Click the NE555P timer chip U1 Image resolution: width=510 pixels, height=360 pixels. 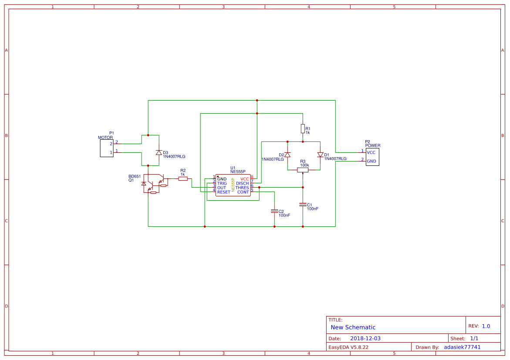pos(233,185)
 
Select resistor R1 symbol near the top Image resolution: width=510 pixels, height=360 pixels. pos(303,128)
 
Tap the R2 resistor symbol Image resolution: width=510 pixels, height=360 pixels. pos(183,178)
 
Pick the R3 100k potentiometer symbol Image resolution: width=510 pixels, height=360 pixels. pos(303,170)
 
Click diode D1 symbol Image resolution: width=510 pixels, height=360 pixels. pos(320,155)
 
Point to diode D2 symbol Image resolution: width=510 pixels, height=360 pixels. pos(287,155)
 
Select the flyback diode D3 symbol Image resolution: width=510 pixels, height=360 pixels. pos(159,152)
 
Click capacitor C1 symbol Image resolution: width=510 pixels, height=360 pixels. pos(303,205)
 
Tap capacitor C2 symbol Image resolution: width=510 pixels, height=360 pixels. pos(274,211)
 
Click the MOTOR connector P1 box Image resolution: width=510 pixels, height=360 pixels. pos(107,148)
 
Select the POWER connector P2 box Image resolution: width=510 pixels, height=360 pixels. pos(372,157)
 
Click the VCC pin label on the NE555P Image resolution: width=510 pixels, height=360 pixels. pos(245,179)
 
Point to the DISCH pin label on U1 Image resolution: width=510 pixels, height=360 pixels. pos(243,183)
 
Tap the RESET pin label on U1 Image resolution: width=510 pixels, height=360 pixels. pos(223,192)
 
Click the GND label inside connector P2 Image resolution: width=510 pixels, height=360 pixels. pos(372,161)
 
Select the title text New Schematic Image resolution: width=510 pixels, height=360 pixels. pos(353,327)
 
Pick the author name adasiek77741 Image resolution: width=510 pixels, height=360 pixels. pos(462,347)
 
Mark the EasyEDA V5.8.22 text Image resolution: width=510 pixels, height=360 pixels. pos(348,347)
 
